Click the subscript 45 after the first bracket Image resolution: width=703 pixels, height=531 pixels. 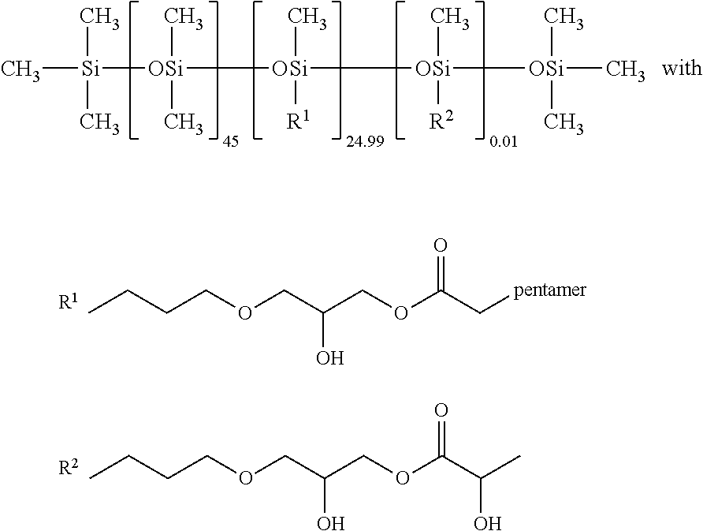[x=230, y=143]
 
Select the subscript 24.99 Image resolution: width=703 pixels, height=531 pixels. [x=365, y=143]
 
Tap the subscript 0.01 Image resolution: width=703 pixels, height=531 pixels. [x=504, y=143]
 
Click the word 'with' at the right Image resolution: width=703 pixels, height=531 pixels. [x=682, y=69]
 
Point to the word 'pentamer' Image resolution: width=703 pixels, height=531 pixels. [x=549, y=290]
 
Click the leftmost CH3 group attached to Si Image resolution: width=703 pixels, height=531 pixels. [x=20, y=71]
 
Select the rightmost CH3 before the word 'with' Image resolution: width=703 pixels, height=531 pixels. [x=626, y=71]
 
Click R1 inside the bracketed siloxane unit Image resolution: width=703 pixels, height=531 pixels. [x=298, y=119]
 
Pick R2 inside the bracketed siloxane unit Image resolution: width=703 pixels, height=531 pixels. [x=441, y=119]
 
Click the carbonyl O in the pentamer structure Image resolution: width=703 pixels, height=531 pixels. [x=441, y=245]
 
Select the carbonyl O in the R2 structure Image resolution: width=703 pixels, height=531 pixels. [x=441, y=410]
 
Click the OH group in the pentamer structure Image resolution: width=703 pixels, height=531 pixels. [x=330, y=357]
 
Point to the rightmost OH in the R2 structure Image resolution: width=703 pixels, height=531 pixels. [x=488, y=523]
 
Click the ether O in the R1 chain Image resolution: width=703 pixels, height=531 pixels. [x=244, y=313]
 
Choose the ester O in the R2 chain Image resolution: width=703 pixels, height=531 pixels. [x=402, y=478]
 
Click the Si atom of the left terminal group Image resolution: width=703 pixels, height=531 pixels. [x=90, y=69]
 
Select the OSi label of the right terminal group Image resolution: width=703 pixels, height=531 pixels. [x=546, y=69]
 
